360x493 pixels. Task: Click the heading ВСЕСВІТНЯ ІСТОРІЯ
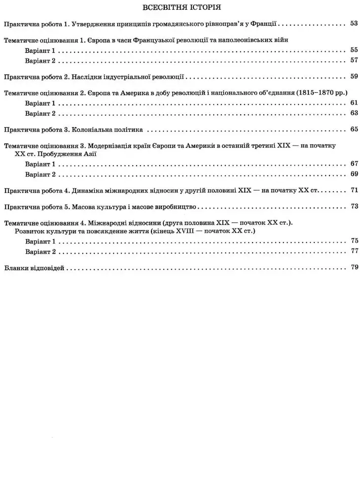pos(181,8)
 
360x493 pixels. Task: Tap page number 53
pos(353,23)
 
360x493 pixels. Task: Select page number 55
pos(353,50)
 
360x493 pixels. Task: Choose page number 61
pos(353,103)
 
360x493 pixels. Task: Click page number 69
pos(353,174)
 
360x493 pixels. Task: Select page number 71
pos(353,190)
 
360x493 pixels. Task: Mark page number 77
pos(353,251)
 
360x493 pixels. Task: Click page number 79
pos(353,268)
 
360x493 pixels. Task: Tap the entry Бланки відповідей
pos(34,268)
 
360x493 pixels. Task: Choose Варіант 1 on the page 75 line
pos(40,242)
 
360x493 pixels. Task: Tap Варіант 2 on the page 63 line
pos(40,113)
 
